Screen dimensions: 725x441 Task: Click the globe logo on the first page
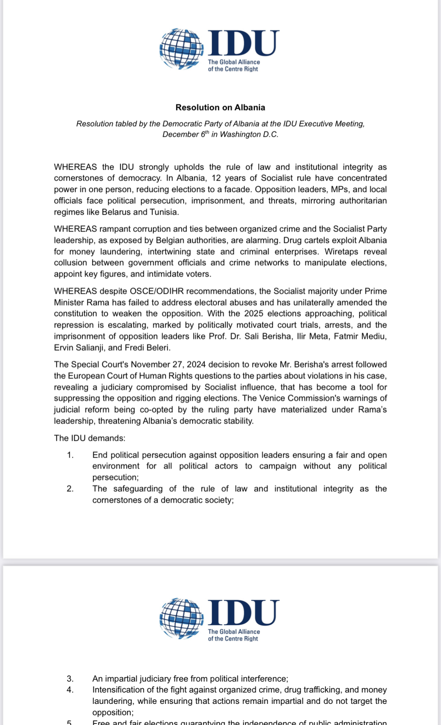click(181, 49)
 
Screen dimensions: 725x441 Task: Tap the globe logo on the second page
click(181, 619)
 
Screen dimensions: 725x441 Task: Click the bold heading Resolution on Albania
click(220, 107)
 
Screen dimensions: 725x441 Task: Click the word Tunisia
click(164, 212)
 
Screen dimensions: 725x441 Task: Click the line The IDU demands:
click(90, 438)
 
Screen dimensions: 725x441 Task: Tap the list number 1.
click(70, 455)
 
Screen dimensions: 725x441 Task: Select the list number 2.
click(70, 489)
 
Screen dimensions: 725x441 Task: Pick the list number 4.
click(70, 690)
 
